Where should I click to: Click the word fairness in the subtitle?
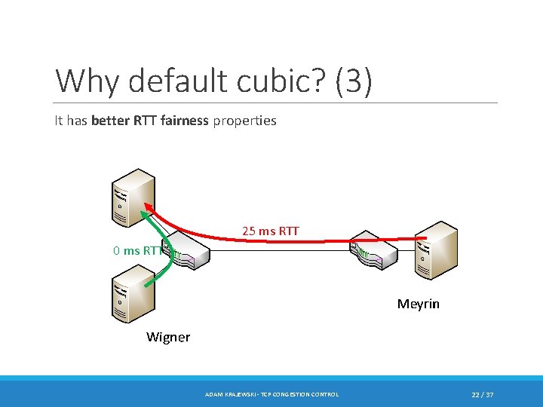coord(184,121)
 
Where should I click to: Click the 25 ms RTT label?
coord(270,231)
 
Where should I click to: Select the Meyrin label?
coord(418,304)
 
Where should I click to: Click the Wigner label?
coord(167,337)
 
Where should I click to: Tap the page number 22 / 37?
coord(483,395)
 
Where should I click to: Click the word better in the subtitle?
coord(109,121)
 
